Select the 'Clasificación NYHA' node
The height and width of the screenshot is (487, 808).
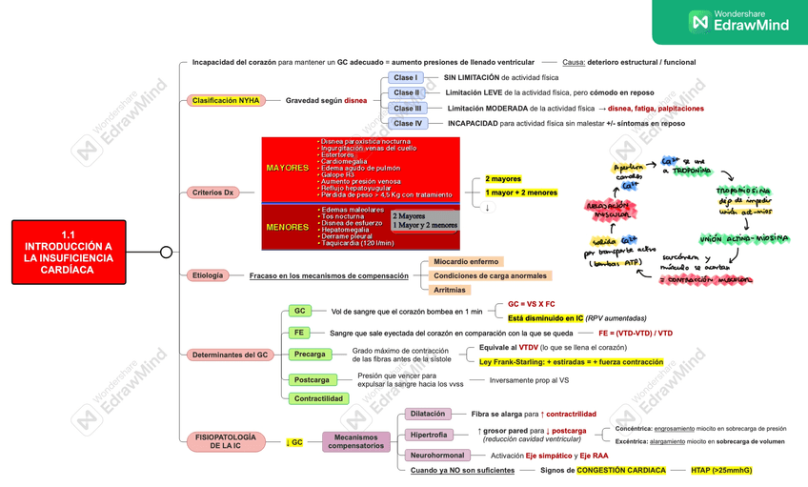coord(226,100)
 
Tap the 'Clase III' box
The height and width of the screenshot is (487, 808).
coord(407,109)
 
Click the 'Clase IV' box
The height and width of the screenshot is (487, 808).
coord(407,124)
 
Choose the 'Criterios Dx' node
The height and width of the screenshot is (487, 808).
coord(213,193)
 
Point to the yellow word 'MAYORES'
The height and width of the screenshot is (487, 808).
coord(287,168)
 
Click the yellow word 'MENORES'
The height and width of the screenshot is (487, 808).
coord(287,228)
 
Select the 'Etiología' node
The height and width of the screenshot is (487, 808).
coord(208,275)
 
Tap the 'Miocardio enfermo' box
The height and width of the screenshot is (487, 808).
coord(466,262)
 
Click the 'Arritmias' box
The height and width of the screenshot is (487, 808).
coord(450,290)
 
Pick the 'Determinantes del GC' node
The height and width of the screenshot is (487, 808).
coord(230,355)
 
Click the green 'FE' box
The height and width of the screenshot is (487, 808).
coord(299,333)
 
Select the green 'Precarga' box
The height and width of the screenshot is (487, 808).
coord(310,355)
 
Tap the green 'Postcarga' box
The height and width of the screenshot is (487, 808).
coord(312,379)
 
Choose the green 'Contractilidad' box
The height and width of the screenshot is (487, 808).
coord(319,398)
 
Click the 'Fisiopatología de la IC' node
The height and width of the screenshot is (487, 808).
coord(226,442)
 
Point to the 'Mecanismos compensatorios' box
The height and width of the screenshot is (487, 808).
coord(356,442)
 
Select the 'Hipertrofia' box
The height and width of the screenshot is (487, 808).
coord(429,435)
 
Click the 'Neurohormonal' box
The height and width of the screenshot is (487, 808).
coord(436,456)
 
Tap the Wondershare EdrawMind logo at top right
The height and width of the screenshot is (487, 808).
coord(738,21)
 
